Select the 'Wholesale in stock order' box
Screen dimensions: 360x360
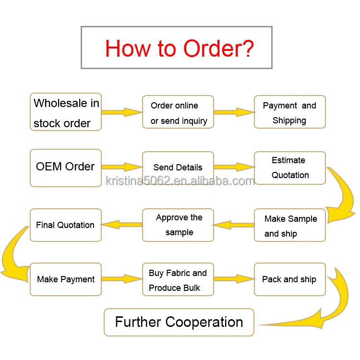pyautogui.click(x=66, y=112)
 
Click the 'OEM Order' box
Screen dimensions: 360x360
pyautogui.click(x=66, y=168)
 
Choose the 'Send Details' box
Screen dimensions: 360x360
pyautogui.click(x=178, y=168)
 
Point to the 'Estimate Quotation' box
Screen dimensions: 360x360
pyautogui.click(x=289, y=168)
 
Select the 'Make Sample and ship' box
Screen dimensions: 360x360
pyautogui.click(x=289, y=225)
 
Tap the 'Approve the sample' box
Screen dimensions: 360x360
pyautogui.click(x=178, y=225)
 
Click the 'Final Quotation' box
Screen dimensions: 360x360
pyautogui.click(x=66, y=225)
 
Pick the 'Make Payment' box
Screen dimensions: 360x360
pyautogui.click(x=66, y=279)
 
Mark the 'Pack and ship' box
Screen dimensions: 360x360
pyautogui.click(x=289, y=279)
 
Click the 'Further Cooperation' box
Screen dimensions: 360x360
pyautogui.click(x=179, y=322)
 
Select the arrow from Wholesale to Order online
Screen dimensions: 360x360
pyautogui.click(x=122, y=112)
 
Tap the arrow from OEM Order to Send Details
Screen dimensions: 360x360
pyautogui.click(x=122, y=167)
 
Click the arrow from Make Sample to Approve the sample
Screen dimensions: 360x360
pyautogui.click(x=233, y=224)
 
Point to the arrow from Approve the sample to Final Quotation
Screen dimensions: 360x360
pyautogui.click(x=122, y=224)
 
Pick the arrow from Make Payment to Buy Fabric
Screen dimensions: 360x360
pyautogui.click(x=122, y=278)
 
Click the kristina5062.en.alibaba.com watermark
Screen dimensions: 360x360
pyautogui.click(x=180, y=181)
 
